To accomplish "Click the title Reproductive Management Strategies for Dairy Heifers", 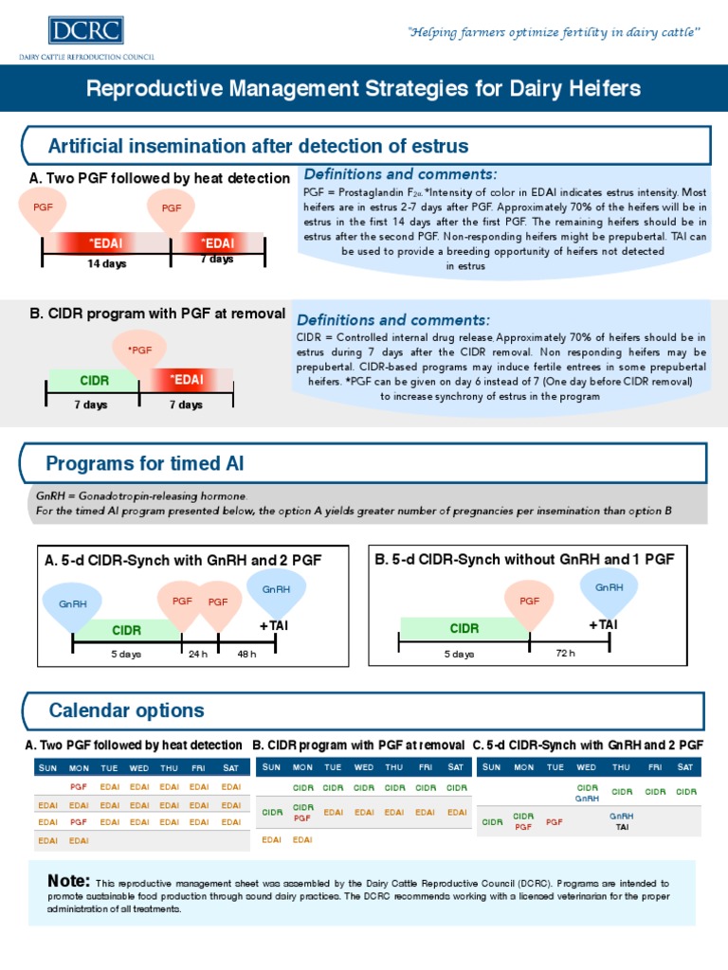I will pyautogui.click(x=364, y=89).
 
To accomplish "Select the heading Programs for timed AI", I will pyautogui.click(x=145, y=463).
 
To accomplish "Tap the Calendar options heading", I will pyautogui.click(x=126, y=710).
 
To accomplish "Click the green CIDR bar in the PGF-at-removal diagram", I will pyautogui.click(x=94, y=381).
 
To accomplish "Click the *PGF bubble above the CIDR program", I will pyautogui.click(x=139, y=350).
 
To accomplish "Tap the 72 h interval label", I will pyautogui.click(x=565, y=653).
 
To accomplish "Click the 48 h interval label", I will pyautogui.click(x=246, y=654).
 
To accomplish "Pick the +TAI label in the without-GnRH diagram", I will pyautogui.click(x=603, y=624).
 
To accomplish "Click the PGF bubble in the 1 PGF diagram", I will pyautogui.click(x=529, y=601).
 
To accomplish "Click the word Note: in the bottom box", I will pyautogui.click(x=69, y=881).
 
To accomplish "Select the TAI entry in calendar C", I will pyautogui.click(x=622, y=827).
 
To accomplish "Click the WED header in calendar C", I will pyautogui.click(x=587, y=766).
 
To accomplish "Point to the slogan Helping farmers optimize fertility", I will pyautogui.click(x=555, y=33).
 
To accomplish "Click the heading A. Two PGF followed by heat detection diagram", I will pyautogui.click(x=160, y=178).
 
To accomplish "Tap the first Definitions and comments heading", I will pyautogui.click(x=399, y=174).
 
